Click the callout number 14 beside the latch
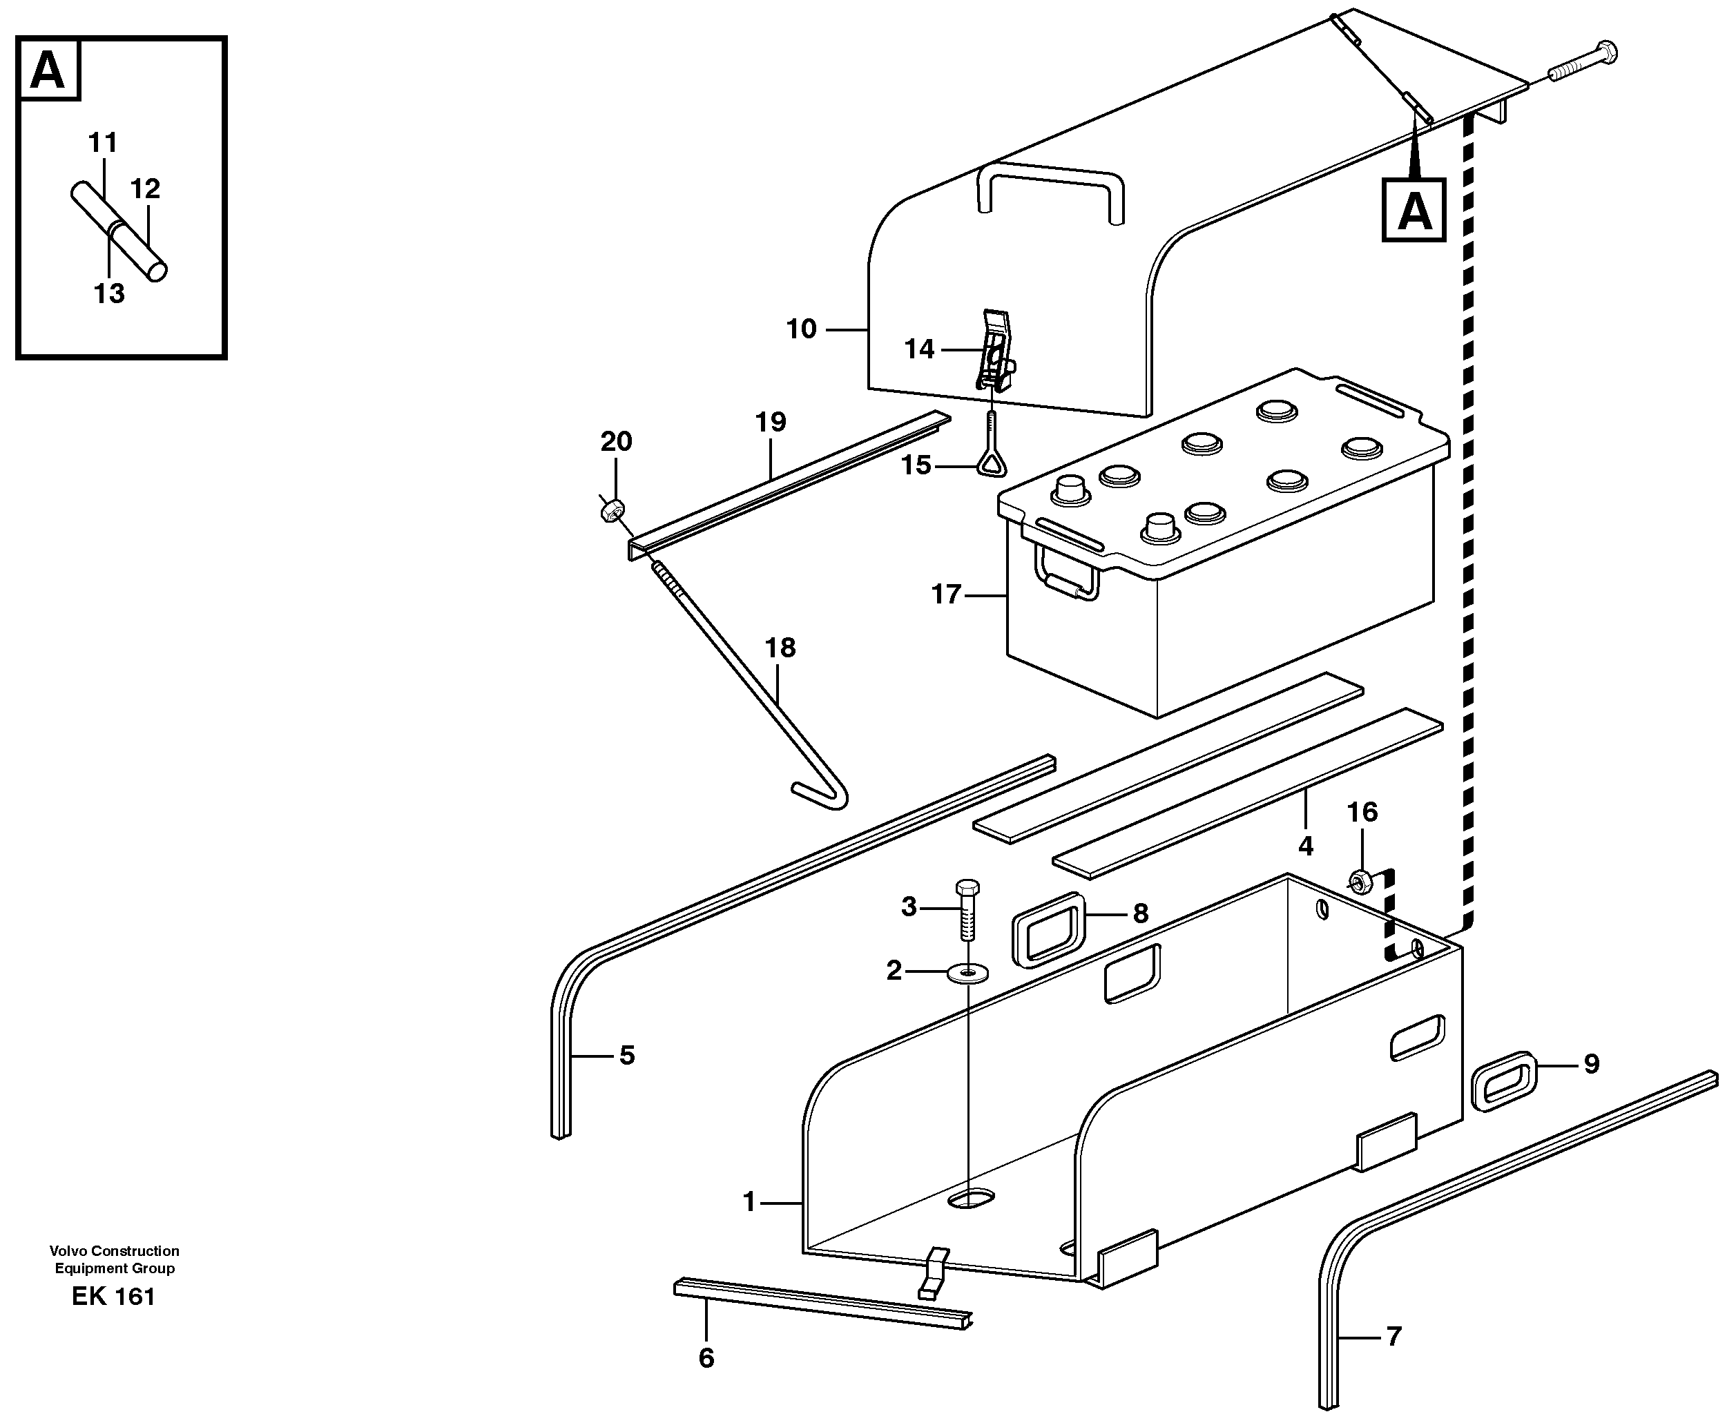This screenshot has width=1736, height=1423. [x=919, y=349]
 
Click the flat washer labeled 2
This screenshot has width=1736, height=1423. [x=967, y=973]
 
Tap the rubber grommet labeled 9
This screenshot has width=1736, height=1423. [x=1505, y=1082]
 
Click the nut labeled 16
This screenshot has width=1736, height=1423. [x=1360, y=881]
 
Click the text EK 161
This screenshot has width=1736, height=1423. [x=113, y=1296]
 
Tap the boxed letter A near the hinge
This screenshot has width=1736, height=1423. [x=1414, y=211]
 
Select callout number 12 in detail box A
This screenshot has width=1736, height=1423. [x=145, y=188]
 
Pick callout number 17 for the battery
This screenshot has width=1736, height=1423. [x=946, y=594]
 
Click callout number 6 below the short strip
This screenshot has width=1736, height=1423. [x=706, y=1358]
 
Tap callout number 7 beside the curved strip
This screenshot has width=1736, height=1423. [x=1393, y=1337]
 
